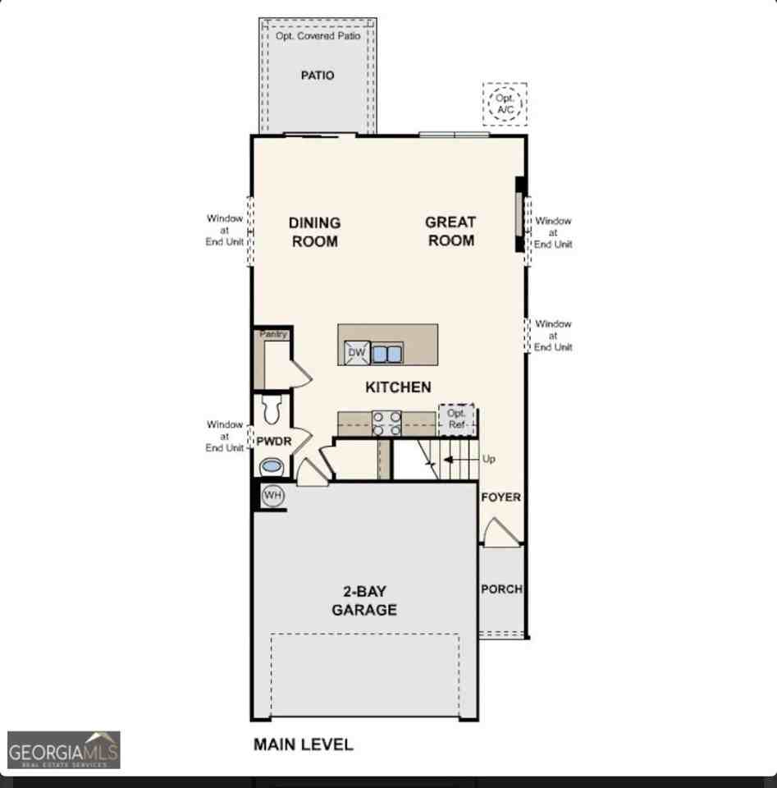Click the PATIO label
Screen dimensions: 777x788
click(x=318, y=76)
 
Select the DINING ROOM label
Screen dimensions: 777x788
click(x=315, y=231)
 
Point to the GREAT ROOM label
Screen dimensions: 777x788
click(x=450, y=231)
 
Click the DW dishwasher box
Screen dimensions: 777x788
click(x=357, y=353)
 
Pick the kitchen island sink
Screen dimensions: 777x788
click(x=386, y=354)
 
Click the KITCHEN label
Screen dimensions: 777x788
click(x=398, y=387)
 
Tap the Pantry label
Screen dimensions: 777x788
click(x=273, y=334)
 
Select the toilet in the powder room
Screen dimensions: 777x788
click(x=272, y=410)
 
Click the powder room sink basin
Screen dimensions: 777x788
click(x=272, y=466)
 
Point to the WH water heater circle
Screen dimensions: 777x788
click(x=272, y=496)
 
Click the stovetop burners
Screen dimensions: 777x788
click(x=386, y=424)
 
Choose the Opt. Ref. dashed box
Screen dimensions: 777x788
click(x=456, y=419)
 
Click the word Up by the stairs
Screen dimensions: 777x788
click(x=489, y=459)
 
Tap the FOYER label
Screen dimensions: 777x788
click(x=500, y=497)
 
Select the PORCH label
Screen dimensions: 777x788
click(x=502, y=589)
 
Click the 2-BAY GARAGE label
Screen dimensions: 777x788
click(x=364, y=601)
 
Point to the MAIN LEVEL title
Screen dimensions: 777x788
click(x=304, y=744)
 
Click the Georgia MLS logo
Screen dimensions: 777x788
click(x=64, y=749)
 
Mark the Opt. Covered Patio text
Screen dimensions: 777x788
click(x=318, y=36)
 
